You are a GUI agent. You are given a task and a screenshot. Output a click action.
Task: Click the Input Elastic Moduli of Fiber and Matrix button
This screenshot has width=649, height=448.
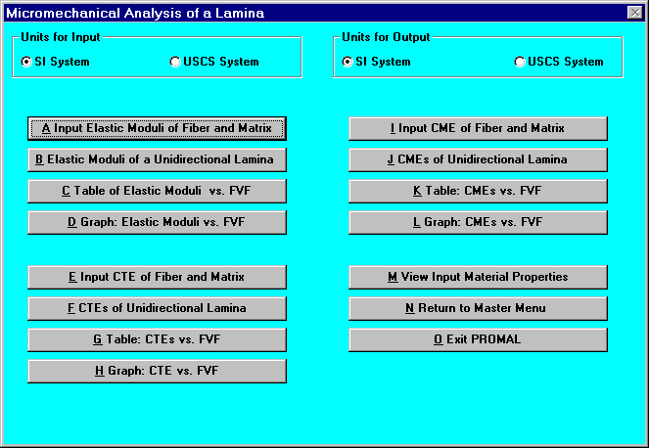(157, 128)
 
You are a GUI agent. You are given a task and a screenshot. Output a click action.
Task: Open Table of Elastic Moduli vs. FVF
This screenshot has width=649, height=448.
(157, 191)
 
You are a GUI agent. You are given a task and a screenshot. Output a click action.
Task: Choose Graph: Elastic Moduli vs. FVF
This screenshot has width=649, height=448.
(157, 222)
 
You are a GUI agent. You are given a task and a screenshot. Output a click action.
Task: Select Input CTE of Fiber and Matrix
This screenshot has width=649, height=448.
(157, 277)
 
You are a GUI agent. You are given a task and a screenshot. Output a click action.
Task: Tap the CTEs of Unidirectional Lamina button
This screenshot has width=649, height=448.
(157, 308)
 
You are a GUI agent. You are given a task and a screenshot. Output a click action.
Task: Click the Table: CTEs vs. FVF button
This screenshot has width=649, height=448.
(157, 339)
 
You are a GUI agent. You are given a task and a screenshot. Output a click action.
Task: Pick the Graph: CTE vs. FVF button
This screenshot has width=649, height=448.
(157, 371)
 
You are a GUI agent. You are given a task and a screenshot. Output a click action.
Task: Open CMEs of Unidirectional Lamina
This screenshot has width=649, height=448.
(478, 159)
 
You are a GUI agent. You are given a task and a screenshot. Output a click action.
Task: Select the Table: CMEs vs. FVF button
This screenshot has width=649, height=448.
(478, 191)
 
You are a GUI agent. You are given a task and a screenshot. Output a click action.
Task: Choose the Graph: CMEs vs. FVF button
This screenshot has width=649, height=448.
(478, 222)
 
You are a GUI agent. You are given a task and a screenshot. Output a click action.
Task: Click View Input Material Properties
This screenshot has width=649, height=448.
(478, 277)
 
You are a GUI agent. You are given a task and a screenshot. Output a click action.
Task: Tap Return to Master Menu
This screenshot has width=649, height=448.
(478, 308)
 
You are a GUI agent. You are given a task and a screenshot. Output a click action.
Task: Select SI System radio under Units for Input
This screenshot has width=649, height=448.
(26, 62)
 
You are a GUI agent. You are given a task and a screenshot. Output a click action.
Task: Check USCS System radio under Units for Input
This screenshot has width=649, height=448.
(175, 62)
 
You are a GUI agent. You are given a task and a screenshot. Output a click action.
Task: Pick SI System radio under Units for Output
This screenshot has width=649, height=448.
(348, 62)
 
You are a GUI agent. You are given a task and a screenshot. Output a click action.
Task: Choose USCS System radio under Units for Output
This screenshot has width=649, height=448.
(520, 62)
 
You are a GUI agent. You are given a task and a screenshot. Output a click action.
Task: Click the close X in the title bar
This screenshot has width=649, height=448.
(635, 13)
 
